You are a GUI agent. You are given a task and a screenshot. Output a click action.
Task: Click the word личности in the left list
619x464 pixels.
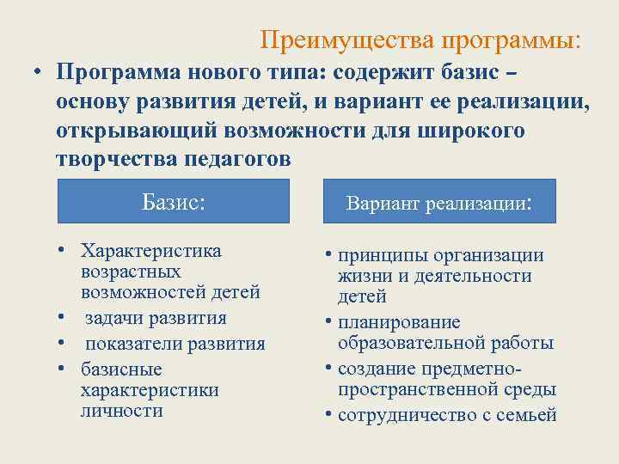[x=120, y=410]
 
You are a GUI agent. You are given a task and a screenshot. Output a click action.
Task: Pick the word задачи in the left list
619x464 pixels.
[x=118, y=317]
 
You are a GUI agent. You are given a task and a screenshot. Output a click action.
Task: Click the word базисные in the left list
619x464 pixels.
[x=120, y=369]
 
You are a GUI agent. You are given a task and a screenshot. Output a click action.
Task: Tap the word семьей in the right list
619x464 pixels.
[x=528, y=416]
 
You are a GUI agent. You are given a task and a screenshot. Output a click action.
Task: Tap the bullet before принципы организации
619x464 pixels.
[x=329, y=255]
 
